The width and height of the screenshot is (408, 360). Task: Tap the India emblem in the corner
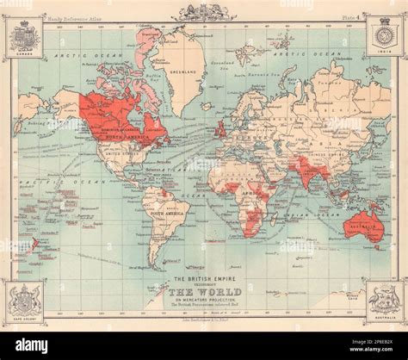[x=384, y=39]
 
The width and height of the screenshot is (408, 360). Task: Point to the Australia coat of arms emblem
[x=384, y=301]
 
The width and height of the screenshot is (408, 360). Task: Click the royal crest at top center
[x=203, y=12]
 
